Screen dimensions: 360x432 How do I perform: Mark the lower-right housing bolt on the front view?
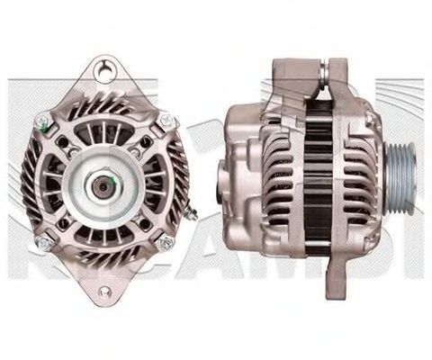165,243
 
